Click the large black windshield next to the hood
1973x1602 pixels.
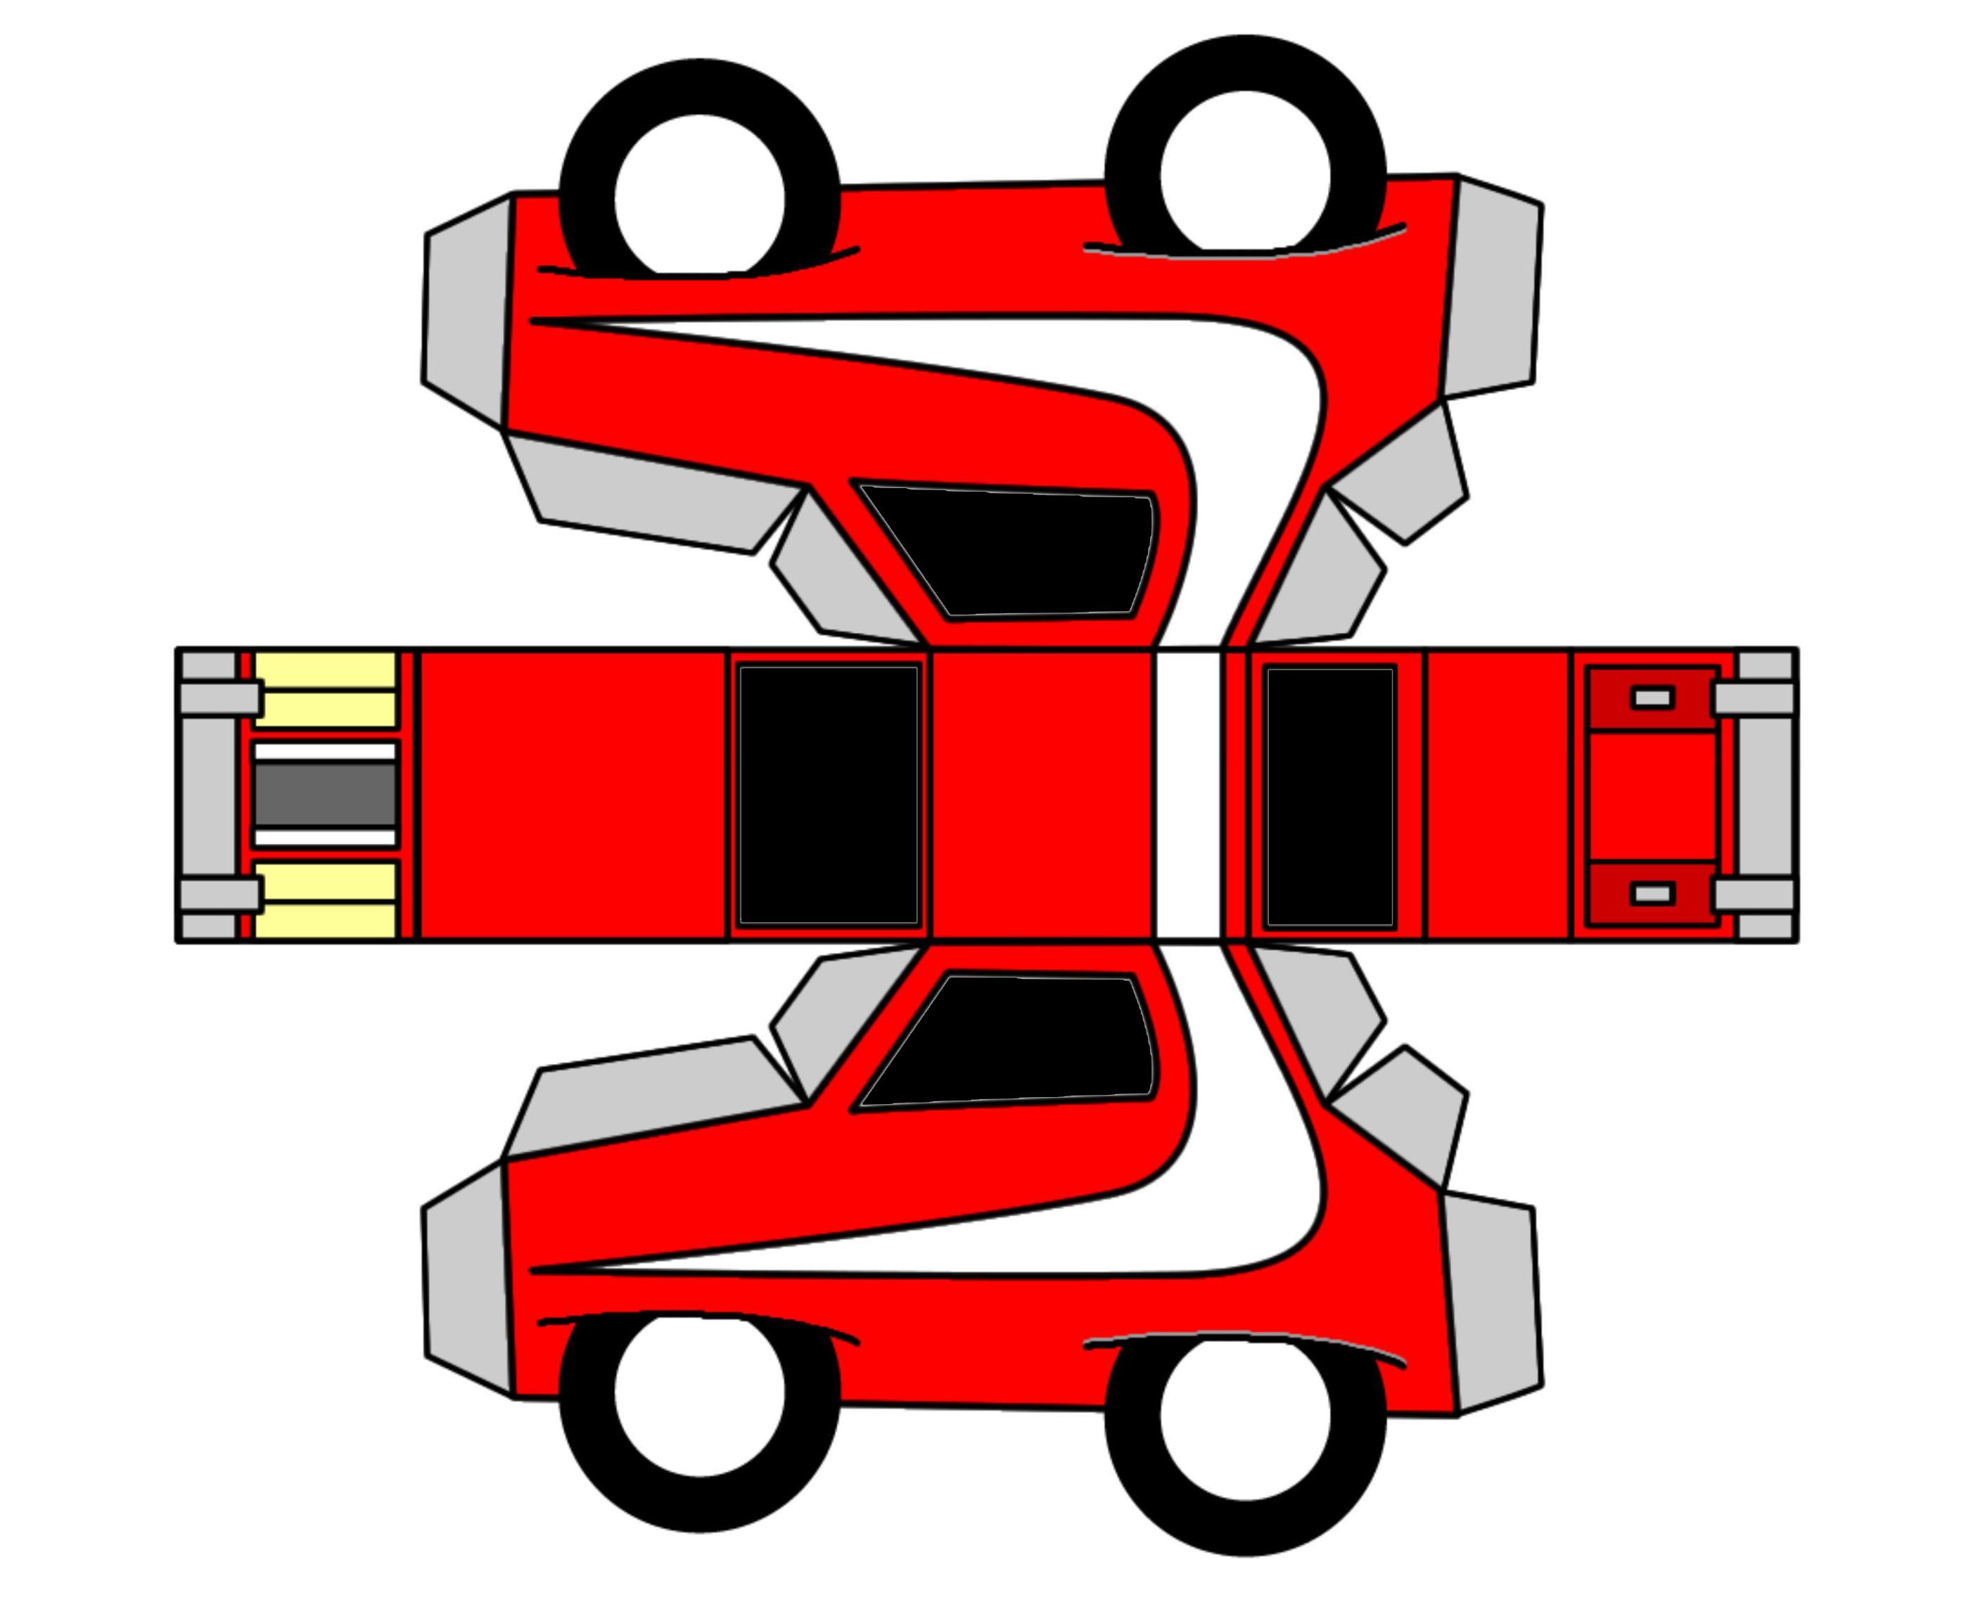pos(828,795)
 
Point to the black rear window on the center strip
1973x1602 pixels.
pos(1330,795)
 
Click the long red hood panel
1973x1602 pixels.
pos(572,795)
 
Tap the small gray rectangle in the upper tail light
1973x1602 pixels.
pos(1652,697)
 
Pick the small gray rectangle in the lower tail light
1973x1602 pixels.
pos(1652,892)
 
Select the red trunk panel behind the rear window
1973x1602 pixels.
pos(1498,795)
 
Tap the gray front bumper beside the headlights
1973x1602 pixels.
pos(207,795)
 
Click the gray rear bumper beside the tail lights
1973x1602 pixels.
pos(1764,795)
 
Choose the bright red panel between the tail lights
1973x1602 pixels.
pos(1652,795)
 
